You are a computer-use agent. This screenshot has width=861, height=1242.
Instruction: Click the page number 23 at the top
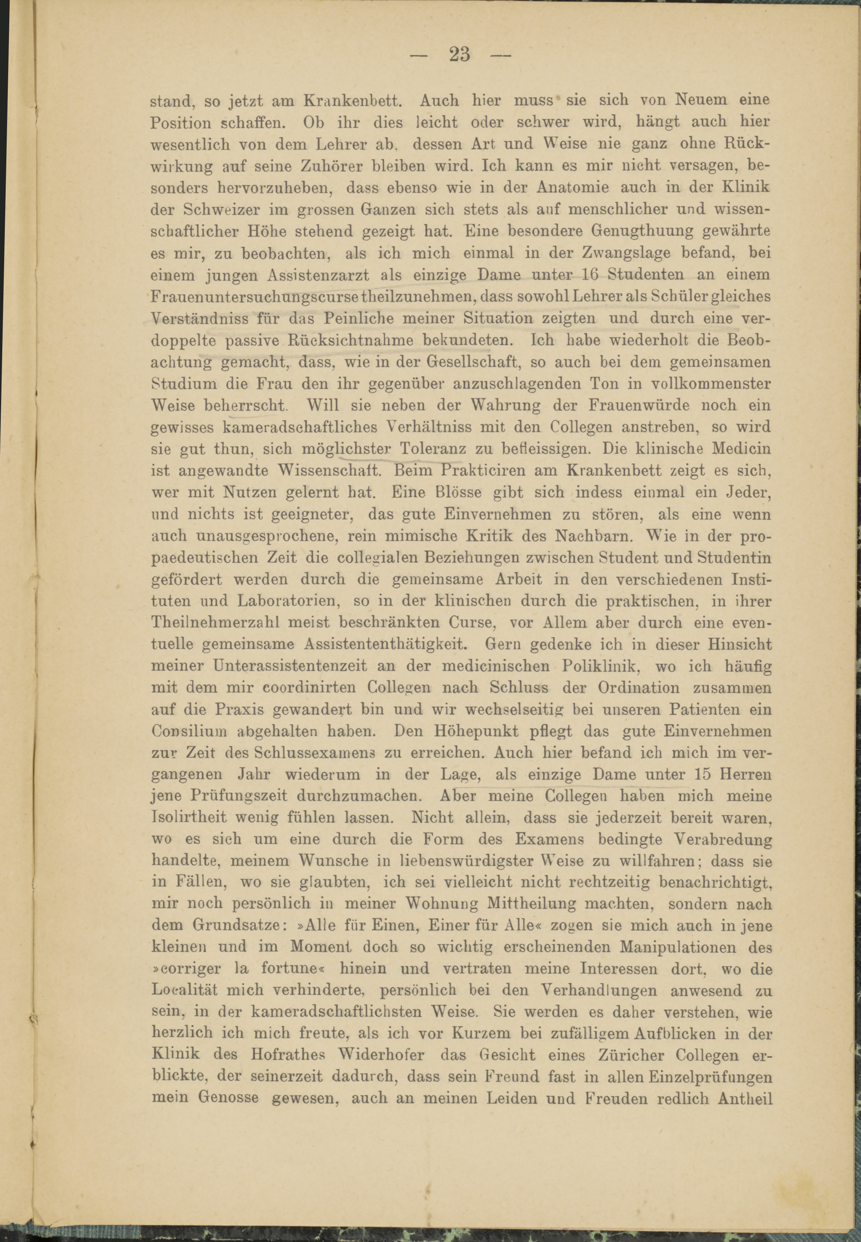click(459, 55)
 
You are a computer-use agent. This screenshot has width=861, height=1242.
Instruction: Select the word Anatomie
click(573, 187)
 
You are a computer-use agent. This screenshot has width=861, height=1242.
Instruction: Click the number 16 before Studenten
click(591, 275)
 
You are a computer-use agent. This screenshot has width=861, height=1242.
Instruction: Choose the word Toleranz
click(433, 449)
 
